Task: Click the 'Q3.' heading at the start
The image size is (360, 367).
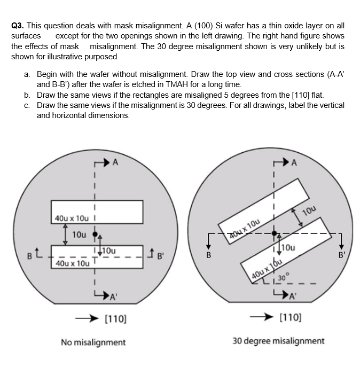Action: click(18, 25)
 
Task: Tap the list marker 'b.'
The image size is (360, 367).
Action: click(27, 95)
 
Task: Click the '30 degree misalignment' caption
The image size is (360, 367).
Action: click(278, 341)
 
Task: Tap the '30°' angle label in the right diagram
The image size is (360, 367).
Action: click(283, 277)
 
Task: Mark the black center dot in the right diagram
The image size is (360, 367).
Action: click(275, 233)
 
